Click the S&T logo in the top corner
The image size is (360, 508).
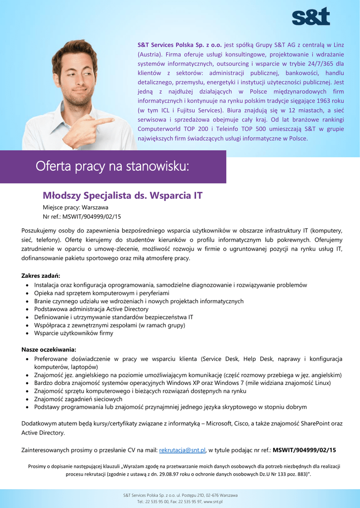point(310,16)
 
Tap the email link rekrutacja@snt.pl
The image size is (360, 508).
point(182,450)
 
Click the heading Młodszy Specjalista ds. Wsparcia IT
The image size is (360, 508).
point(123,195)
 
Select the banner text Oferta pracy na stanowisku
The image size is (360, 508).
point(112,167)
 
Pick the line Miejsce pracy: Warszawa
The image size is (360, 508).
point(75,207)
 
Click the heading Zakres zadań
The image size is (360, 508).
point(41,275)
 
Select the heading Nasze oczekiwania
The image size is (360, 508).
point(49,349)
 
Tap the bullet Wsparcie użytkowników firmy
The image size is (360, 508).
point(73,333)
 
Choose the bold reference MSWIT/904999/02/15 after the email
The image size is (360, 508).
point(304,450)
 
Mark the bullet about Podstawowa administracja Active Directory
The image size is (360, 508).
point(91,309)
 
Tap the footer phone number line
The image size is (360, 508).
point(180,502)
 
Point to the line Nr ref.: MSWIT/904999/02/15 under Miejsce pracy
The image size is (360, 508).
point(82,217)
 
